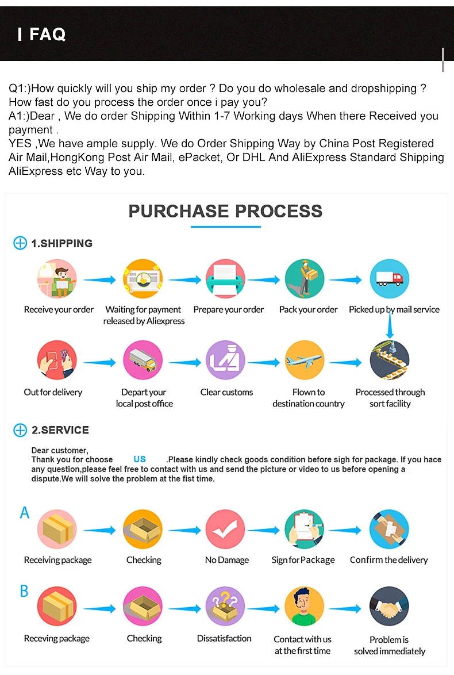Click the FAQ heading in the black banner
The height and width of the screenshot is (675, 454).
(x=47, y=34)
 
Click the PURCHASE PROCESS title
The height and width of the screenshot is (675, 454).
(x=225, y=211)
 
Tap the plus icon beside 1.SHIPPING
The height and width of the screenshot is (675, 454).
(x=20, y=243)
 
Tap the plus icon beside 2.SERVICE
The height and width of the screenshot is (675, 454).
(x=20, y=430)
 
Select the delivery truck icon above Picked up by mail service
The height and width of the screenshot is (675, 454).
(x=390, y=278)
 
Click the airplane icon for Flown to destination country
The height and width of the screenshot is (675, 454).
(x=305, y=360)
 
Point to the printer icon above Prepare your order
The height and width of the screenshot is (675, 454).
(x=225, y=278)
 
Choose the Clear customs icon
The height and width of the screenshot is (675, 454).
(x=225, y=360)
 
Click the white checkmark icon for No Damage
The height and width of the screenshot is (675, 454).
(x=225, y=529)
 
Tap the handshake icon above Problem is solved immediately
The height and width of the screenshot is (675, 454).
(x=390, y=606)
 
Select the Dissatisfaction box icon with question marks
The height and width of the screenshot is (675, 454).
(x=225, y=606)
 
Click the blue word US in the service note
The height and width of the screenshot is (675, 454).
(x=140, y=459)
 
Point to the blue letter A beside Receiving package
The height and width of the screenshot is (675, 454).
(x=25, y=513)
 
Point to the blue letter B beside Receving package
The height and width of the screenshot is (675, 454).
(x=24, y=591)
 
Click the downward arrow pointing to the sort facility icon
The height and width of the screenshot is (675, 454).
(x=390, y=323)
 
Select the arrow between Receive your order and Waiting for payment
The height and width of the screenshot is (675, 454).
(x=99, y=280)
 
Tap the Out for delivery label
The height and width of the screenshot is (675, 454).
(x=53, y=392)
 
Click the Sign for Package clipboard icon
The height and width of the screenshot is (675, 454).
(x=305, y=529)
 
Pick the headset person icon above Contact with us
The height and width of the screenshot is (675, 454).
(x=305, y=606)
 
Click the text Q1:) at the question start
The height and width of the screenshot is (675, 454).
(x=20, y=89)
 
